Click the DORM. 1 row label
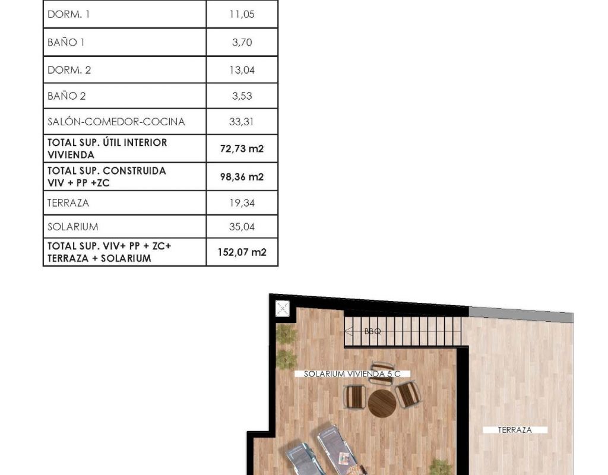[x=68, y=14]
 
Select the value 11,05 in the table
[x=242, y=14]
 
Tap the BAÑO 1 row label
[x=66, y=42]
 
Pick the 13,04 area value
[x=242, y=70]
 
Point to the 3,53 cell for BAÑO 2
[x=242, y=96]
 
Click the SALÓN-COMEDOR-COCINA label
[x=116, y=121]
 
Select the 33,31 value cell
[x=241, y=122]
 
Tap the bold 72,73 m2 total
[x=242, y=148]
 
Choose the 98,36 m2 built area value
[x=242, y=177]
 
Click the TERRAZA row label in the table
[x=68, y=203]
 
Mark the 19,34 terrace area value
[x=242, y=203]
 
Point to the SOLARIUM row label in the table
[x=73, y=227]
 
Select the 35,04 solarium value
[x=242, y=227]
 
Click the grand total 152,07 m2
[x=242, y=252]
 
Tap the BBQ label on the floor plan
[x=373, y=331]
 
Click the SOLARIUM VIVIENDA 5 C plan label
[x=352, y=374]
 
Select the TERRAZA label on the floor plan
[x=515, y=430]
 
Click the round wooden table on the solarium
[x=382, y=403]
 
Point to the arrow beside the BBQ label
[x=349, y=331]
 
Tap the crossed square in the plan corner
[x=282, y=309]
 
